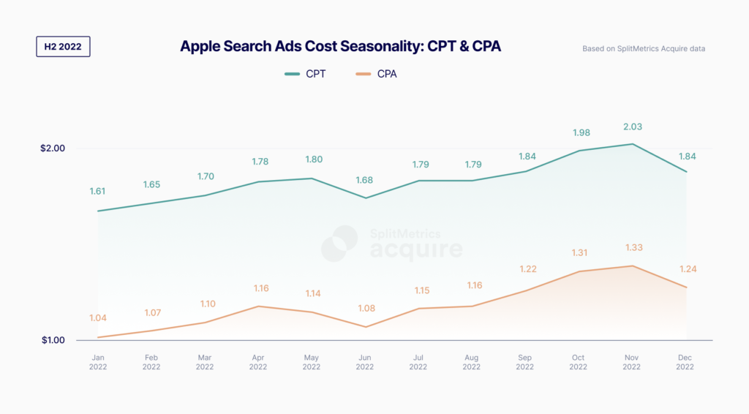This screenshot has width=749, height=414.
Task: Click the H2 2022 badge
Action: click(63, 47)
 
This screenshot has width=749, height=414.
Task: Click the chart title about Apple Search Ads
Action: click(340, 47)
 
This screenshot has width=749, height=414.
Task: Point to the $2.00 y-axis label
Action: click(53, 148)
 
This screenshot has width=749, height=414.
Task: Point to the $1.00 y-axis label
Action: click(53, 340)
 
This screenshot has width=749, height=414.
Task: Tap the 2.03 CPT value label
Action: click(633, 127)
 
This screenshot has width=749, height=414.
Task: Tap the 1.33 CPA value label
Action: click(633, 248)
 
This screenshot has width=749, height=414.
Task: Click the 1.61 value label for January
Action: click(97, 192)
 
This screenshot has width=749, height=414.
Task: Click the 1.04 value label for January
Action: click(97, 318)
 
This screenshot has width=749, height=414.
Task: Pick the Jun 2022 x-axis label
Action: click(365, 362)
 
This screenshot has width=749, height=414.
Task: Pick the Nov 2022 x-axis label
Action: click(633, 362)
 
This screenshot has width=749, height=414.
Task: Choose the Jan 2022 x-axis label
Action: click(97, 362)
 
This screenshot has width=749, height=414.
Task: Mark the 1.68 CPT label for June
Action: click(365, 181)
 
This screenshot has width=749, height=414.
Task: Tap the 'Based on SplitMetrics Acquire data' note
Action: click(643, 49)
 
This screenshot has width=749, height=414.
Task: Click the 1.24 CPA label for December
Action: click(687, 269)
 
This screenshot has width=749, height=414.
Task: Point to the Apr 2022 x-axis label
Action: click(258, 362)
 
